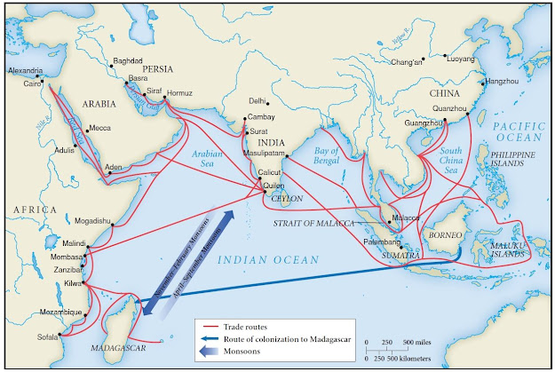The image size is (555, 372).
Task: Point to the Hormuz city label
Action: (x=179, y=93)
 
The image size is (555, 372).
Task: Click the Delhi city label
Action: (x=257, y=100)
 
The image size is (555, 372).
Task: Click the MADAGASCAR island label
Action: (x=119, y=347)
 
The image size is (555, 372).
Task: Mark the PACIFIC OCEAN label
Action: (x=519, y=131)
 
